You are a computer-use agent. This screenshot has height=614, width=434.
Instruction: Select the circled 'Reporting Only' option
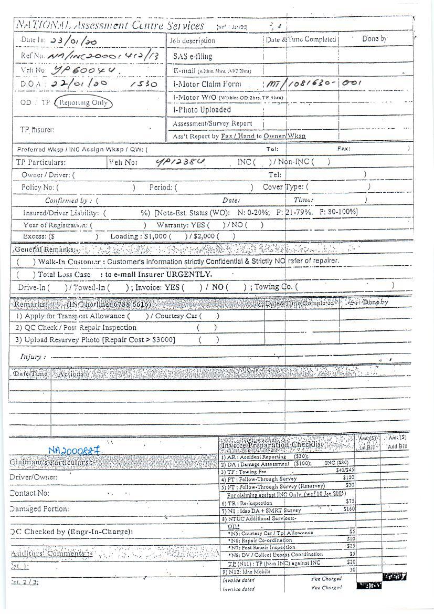tap(83, 102)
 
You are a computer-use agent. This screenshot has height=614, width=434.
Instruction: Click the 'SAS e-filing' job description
tap(189, 56)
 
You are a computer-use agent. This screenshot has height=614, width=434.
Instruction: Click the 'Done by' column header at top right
tap(375, 39)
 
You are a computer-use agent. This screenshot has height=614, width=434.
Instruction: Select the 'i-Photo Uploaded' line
tap(202, 110)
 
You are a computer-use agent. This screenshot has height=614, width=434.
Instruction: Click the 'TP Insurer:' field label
tap(37, 129)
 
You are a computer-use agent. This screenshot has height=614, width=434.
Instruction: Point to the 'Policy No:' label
tap(39, 187)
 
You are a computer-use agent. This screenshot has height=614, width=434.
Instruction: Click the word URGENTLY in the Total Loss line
tap(189, 274)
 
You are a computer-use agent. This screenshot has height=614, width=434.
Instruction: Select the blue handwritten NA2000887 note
tap(74, 450)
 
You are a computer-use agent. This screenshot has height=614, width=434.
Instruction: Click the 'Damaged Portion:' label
tap(39, 509)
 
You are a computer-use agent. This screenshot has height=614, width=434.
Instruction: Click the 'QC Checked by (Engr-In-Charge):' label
tap(71, 532)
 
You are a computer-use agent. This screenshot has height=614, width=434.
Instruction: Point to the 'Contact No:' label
tap(30, 493)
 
